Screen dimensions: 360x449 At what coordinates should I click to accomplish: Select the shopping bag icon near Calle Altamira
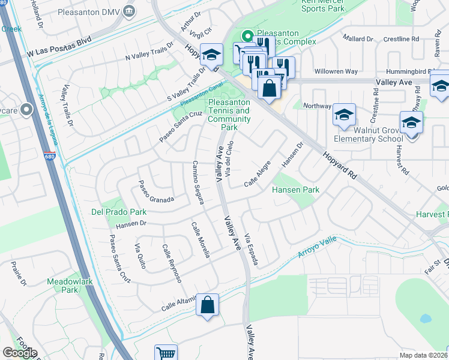pos(207,305)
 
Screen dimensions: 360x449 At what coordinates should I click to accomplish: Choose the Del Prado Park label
pos(119,212)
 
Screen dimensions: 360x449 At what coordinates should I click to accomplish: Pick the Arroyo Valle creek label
pos(321,249)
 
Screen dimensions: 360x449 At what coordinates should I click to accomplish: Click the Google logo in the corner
pos(20,352)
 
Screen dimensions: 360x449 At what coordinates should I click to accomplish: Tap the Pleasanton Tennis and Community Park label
pos(228,115)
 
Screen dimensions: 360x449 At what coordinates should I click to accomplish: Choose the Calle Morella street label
pos(200,240)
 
